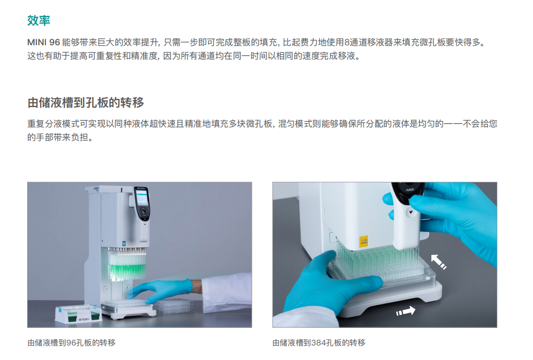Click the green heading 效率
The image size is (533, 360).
tap(39, 21)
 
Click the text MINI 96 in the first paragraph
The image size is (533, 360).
tap(44, 42)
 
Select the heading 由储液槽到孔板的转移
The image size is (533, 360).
tap(85, 103)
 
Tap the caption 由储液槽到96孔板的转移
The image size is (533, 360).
tap(71, 343)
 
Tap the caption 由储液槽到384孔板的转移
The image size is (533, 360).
tap(319, 343)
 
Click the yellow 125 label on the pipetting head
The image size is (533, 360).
tap(364, 241)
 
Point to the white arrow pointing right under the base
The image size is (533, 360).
tap(406, 311)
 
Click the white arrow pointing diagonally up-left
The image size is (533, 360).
tap(438, 262)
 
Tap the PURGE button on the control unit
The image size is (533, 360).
tap(410, 190)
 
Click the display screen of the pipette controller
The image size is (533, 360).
tap(142, 198)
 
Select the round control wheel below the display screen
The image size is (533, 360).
tap(144, 213)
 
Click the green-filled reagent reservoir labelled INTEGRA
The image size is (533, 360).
tap(78, 314)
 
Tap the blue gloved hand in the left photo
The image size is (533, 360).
tap(162, 290)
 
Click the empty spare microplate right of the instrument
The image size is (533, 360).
tap(174, 306)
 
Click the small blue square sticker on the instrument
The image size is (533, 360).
tap(124, 243)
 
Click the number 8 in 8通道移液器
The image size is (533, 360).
tap(347, 42)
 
